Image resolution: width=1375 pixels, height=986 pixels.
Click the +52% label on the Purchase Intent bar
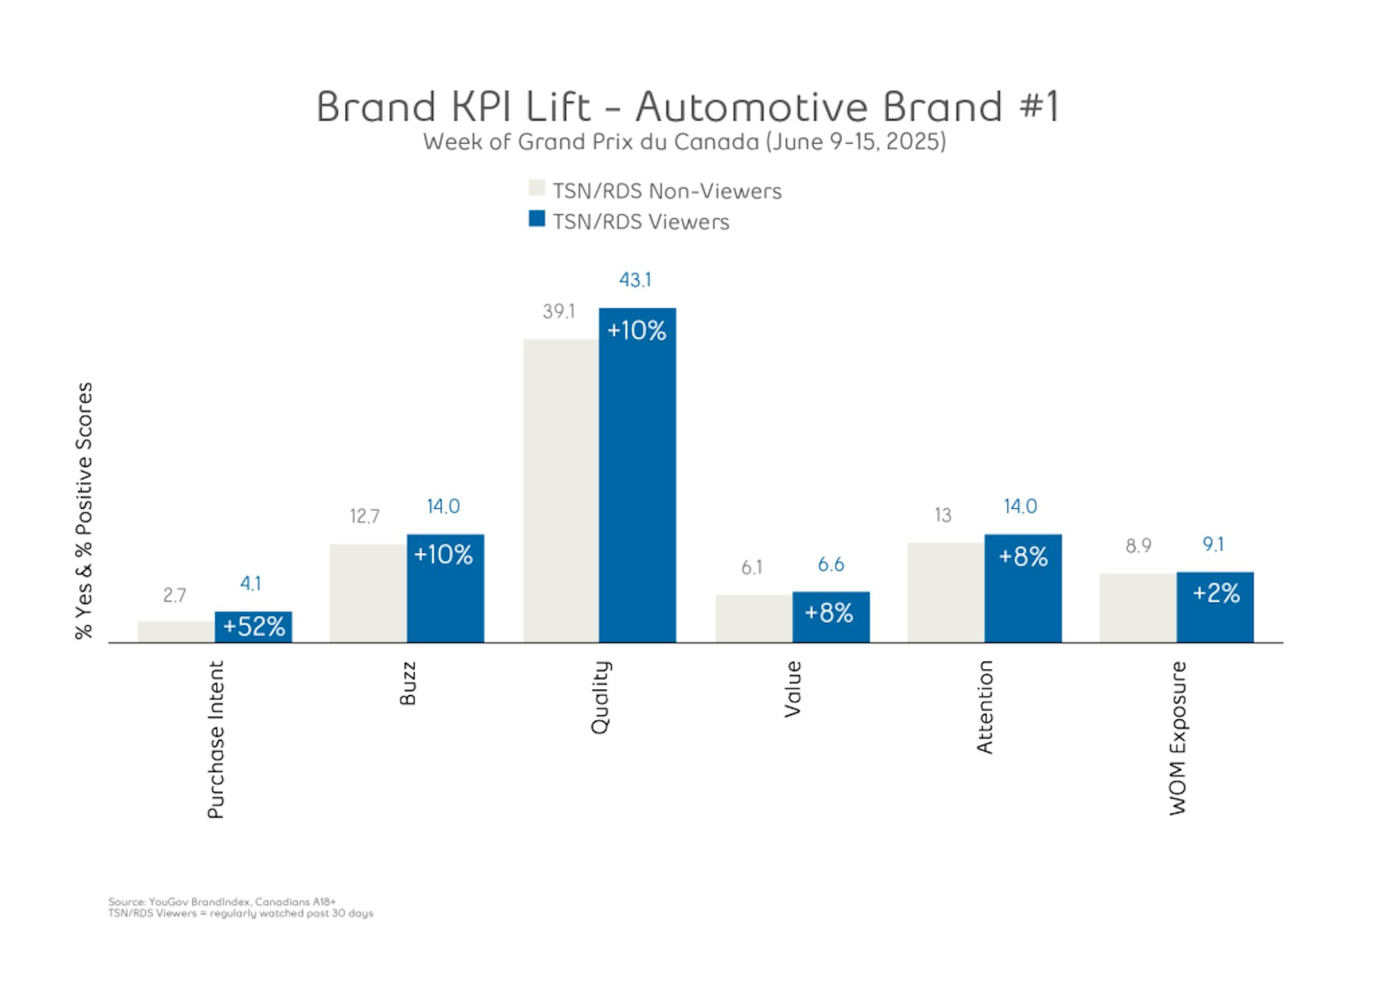tap(254, 626)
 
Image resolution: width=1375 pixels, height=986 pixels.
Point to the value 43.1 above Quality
tap(635, 280)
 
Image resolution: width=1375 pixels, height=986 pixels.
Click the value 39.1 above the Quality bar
tap(558, 311)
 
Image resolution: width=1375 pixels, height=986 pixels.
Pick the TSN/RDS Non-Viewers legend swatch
tap(536, 188)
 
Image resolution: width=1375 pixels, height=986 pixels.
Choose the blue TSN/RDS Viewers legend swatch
tap(536, 219)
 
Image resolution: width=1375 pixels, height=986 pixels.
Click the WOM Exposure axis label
tap(1178, 738)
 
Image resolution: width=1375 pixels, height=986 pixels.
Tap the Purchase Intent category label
tap(216, 739)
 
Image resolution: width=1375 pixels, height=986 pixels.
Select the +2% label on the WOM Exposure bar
tap(1215, 593)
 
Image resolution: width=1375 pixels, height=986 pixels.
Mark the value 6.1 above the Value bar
tap(751, 567)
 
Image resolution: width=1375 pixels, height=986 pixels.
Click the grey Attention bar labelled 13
tap(945, 592)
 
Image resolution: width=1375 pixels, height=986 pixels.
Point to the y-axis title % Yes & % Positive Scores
tap(84, 510)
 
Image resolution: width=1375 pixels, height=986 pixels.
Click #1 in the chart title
tap(1039, 107)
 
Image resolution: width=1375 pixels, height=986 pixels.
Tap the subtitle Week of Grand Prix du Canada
tap(684, 142)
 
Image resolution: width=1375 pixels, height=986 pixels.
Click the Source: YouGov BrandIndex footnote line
tap(221, 901)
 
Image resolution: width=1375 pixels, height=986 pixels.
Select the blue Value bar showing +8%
tap(830, 617)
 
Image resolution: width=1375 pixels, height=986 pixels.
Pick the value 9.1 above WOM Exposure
tap(1213, 545)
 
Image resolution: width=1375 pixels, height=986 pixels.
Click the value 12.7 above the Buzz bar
tap(364, 516)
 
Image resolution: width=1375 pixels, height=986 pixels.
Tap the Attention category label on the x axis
tap(984, 707)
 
